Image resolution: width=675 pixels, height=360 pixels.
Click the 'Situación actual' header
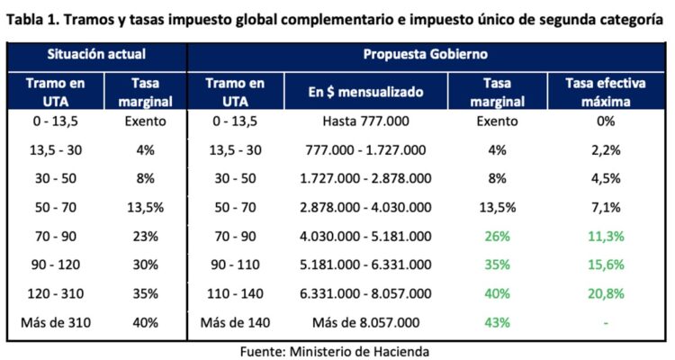[96, 54]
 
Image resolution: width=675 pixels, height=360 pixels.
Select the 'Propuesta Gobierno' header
[425, 54]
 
